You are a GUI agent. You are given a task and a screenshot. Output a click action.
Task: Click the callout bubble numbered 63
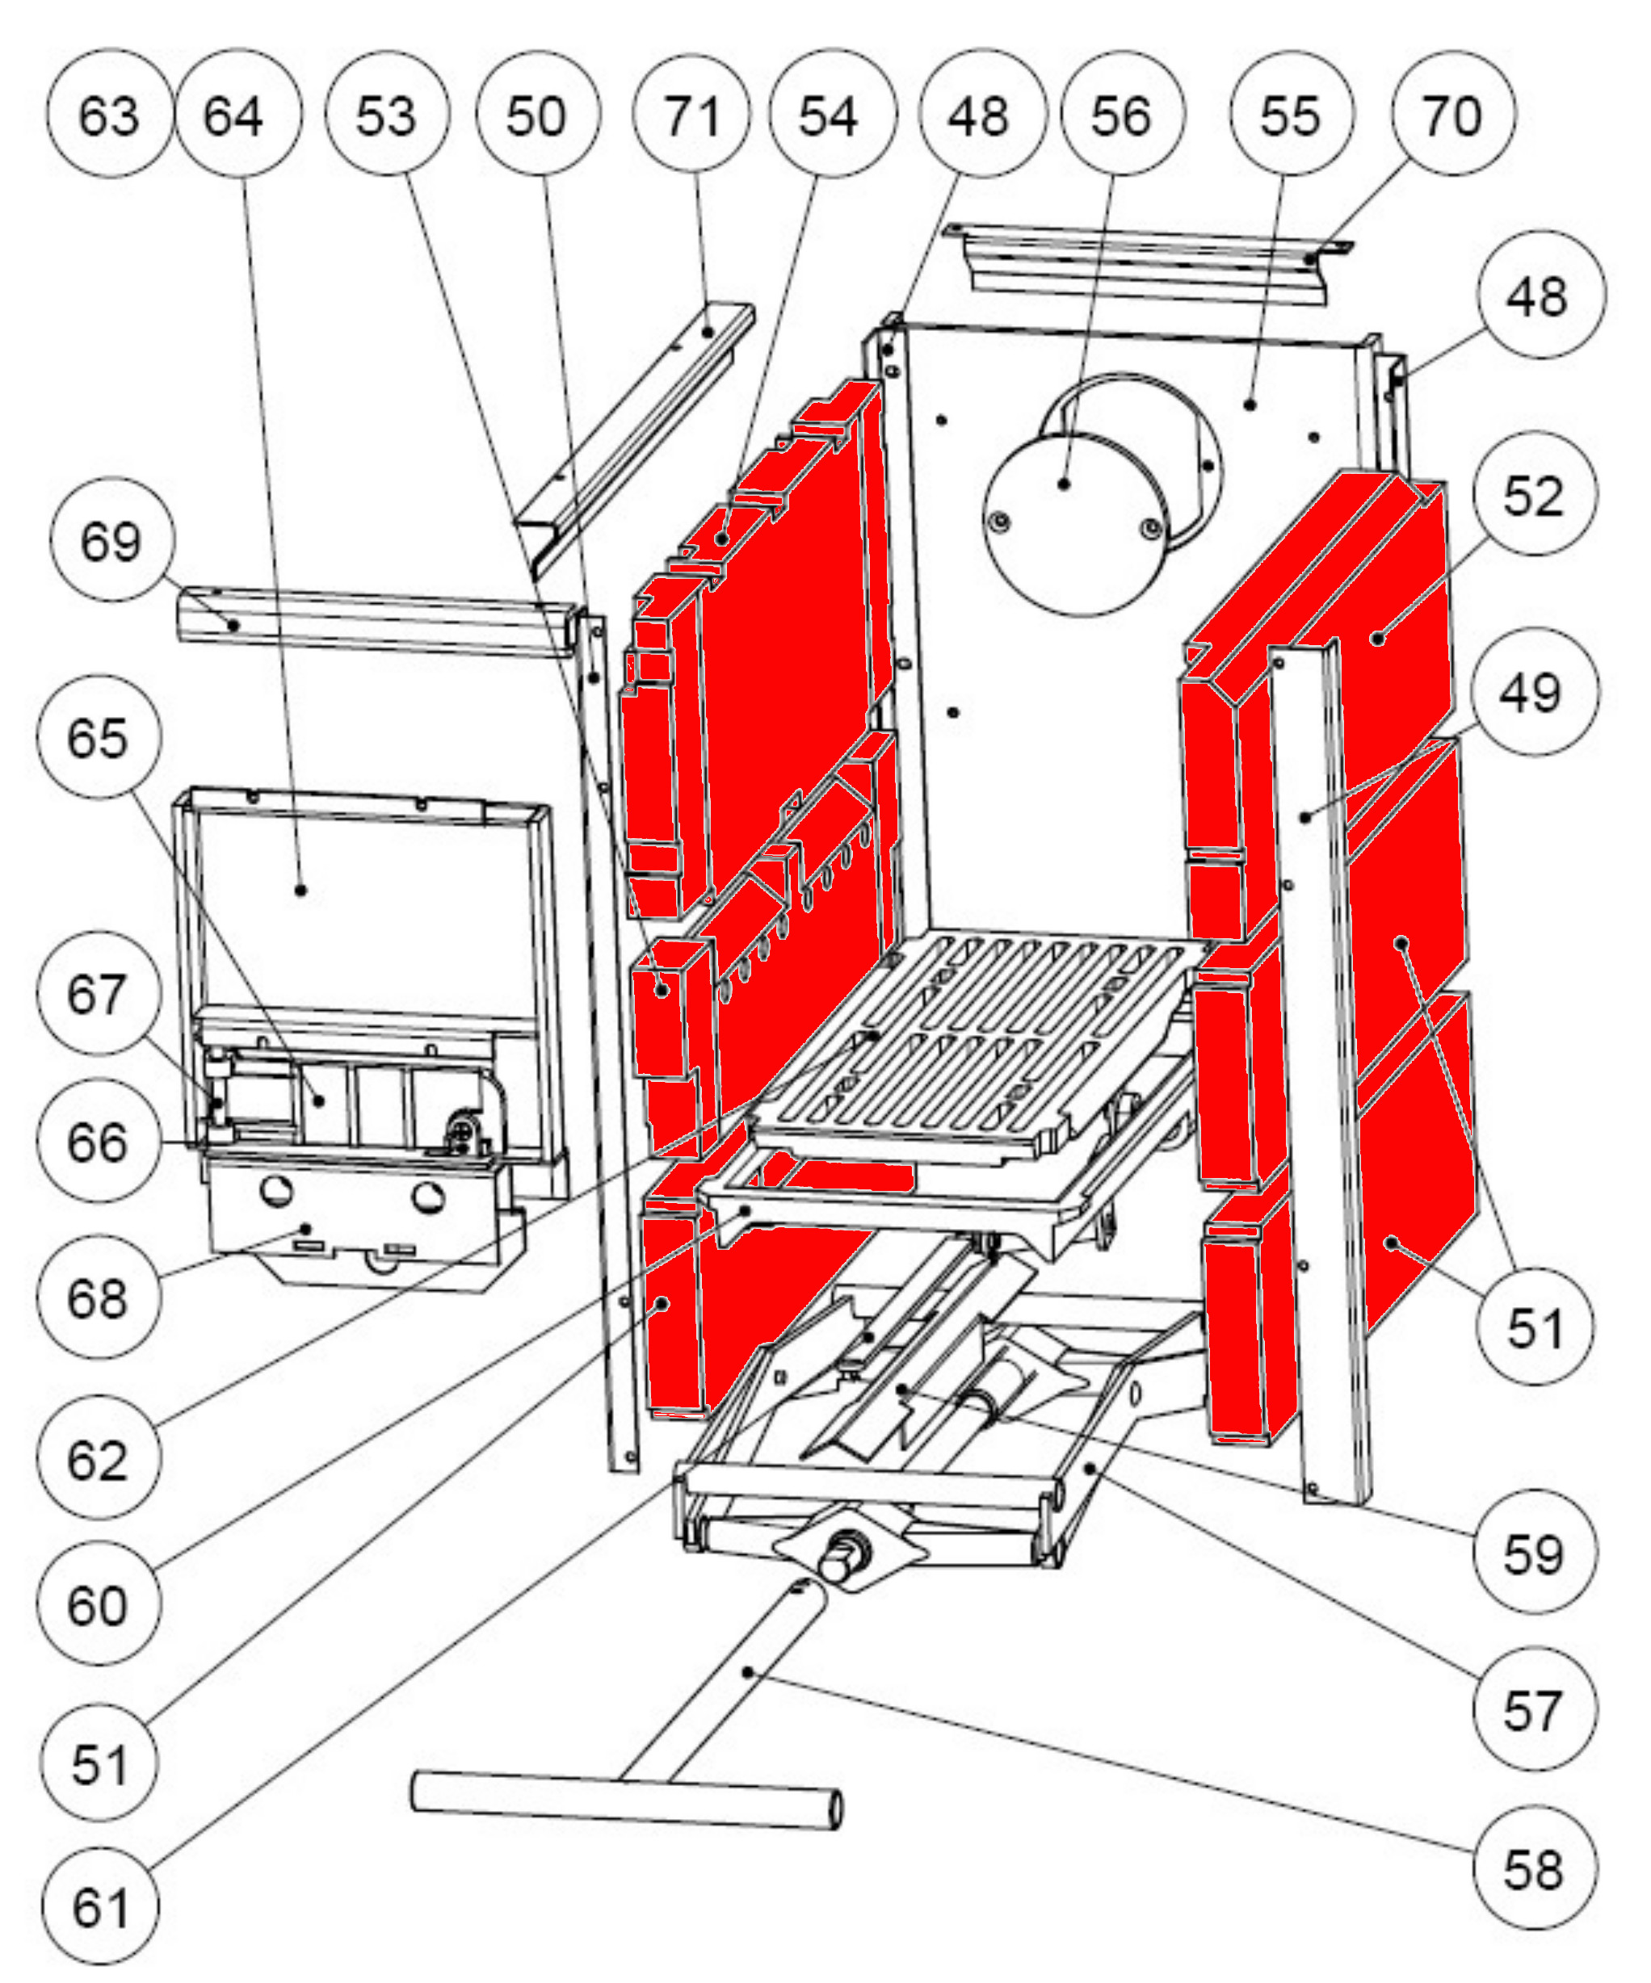point(108,115)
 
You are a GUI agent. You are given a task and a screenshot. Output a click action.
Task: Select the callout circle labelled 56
point(1121,115)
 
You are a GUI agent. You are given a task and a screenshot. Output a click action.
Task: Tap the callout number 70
point(1451,115)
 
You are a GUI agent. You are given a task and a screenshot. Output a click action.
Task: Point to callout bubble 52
point(1533,495)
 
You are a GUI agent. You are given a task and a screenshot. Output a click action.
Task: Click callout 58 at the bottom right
point(1533,1870)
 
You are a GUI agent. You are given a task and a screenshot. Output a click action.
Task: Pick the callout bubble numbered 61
point(100,1907)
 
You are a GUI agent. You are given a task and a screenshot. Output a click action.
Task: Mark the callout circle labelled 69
point(111,541)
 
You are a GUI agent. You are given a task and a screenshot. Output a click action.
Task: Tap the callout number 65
point(99,737)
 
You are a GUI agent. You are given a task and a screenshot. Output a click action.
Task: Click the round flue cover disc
point(1072,524)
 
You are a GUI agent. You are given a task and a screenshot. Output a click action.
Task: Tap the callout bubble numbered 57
point(1533,1709)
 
